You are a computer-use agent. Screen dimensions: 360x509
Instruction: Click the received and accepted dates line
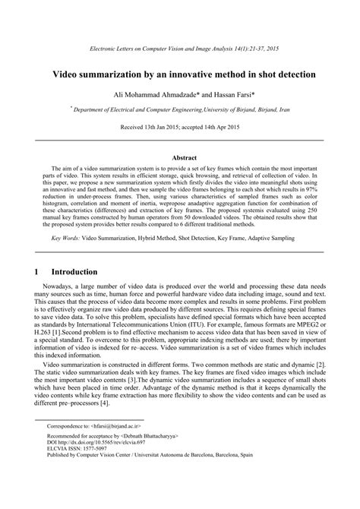click(179, 130)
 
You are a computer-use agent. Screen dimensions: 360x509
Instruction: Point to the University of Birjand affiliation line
click(181, 110)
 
